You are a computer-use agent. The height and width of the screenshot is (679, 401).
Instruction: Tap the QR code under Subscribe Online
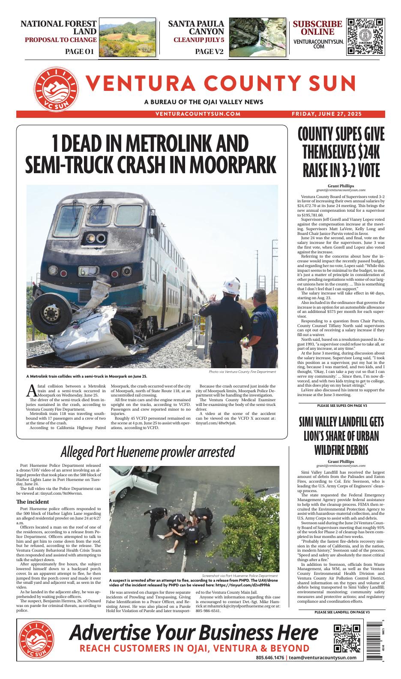(365, 36)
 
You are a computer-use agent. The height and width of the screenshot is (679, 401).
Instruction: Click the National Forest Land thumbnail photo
(127, 38)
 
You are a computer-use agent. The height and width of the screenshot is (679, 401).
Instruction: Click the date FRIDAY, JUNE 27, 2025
(326, 114)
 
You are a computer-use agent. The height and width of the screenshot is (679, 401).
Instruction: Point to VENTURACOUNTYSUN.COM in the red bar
(198, 114)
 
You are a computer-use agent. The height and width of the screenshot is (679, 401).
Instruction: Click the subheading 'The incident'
(33, 502)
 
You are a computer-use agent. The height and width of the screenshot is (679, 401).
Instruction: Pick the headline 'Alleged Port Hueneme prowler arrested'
(147, 451)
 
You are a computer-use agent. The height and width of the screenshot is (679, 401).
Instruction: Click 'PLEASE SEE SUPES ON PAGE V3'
(341, 405)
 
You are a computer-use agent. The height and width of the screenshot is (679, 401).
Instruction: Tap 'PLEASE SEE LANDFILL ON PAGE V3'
(341, 612)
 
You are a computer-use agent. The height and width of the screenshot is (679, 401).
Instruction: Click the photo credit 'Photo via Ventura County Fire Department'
(243, 372)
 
